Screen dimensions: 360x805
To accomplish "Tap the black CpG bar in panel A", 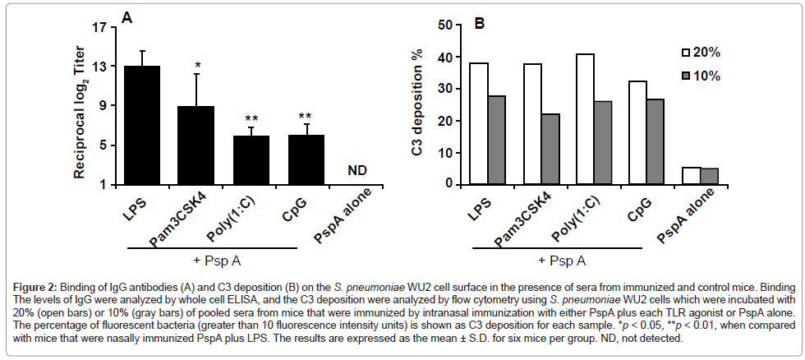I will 306,159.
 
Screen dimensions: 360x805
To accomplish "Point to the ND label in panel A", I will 356,171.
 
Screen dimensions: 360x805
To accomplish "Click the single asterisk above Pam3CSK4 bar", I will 198,66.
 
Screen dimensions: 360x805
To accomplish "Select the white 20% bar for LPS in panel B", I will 478,123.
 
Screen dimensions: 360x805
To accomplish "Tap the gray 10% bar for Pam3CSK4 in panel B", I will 550,149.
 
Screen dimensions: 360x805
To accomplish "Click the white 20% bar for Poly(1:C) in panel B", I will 585,118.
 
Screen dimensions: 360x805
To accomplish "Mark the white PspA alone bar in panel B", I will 691,176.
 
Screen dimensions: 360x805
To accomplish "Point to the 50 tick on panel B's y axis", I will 444,25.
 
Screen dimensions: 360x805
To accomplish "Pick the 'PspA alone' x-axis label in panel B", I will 689,215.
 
